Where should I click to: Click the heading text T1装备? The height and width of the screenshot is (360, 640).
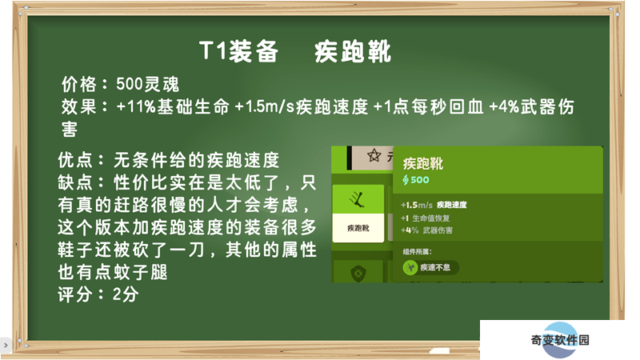click(x=238, y=51)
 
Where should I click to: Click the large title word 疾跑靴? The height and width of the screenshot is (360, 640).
click(x=353, y=51)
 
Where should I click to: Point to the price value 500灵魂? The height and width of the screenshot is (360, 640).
click(x=147, y=85)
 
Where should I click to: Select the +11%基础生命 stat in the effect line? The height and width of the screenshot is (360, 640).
click(x=173, y=107)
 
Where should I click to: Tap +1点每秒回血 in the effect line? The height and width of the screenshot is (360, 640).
click(x=428, y=107)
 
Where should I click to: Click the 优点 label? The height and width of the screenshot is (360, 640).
click(x=74, y=160)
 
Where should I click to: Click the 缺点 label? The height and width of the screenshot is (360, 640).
click(x=74, y=182)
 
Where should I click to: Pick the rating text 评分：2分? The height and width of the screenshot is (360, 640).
click(x=98, y=294)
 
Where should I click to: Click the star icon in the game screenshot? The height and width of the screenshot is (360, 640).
click(x=374, y=155)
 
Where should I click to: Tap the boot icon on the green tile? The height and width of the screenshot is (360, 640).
click(x=358, y=199)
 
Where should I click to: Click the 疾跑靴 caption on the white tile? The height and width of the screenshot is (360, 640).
click(x=358, y=228)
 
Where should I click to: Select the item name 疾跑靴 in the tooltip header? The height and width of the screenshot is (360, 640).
click(x=423, y=164)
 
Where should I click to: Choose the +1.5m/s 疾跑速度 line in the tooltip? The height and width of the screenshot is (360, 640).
click(x=434, y=205)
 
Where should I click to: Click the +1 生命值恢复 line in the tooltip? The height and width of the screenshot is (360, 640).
click(x=426, y=218)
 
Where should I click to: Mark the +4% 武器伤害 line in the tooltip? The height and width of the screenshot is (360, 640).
click(x=426, y=230)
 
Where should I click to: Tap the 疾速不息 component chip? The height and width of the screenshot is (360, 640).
click(x=430, y=267)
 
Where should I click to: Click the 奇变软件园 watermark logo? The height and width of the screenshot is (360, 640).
click(x=560, y=339)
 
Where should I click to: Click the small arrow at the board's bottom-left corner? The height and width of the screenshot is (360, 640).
click(x=6, y=346)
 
